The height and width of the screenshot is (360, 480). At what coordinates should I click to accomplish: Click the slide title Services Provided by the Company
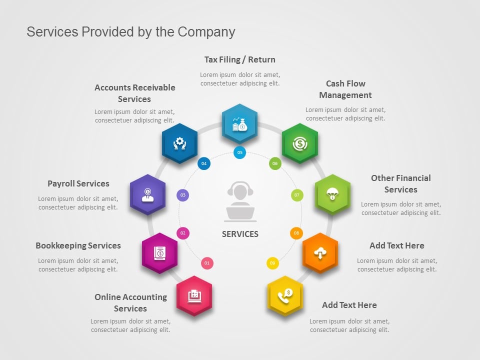click(130, 32)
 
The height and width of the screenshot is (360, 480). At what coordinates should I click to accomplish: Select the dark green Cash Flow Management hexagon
click(299, 143)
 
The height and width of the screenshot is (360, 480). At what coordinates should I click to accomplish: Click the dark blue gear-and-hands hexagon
click(179, 143)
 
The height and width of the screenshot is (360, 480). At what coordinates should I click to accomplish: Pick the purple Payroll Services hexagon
click(147, 194)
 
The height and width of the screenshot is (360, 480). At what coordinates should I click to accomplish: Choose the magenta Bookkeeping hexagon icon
click(159, 253)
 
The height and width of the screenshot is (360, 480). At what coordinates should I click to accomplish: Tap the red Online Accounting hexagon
click(194, 295)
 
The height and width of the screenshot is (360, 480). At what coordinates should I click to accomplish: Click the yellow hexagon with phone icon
click(285, 295)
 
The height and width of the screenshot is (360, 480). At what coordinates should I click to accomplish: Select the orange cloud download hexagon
click(320, 253)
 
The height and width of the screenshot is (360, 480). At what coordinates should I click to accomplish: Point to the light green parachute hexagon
click(332, 194)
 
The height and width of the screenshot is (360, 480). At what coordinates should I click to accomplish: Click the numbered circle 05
click(240, 152)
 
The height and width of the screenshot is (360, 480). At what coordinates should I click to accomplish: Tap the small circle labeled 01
click(207, 263)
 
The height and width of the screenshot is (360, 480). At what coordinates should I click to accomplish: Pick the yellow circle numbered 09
click(272, 263)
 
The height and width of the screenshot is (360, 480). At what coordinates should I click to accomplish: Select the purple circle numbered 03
click(183, 195)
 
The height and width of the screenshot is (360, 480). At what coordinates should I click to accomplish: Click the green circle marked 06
click(274, 163)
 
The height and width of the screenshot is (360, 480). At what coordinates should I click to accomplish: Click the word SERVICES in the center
click(240, 234)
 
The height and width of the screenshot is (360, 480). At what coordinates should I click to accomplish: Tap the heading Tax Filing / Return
click(240, 59)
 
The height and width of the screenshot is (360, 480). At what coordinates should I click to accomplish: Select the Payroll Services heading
click(78, 183)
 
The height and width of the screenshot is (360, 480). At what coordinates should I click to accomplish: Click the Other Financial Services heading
click(400, 183)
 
